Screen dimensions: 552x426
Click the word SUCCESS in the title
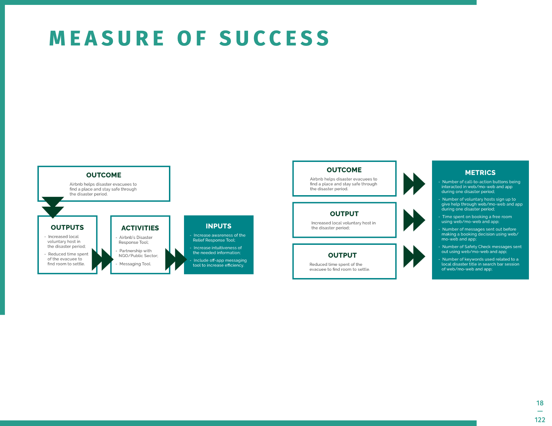pos(274,38)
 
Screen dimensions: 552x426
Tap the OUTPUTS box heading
pos(67,227)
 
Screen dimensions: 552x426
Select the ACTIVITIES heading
pos(140,228)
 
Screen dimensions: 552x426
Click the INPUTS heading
pos(218,226)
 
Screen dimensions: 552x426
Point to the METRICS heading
pos(480,172)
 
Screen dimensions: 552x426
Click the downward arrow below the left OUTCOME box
pos(53,207)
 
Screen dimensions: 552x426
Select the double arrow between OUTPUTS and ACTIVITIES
pos(102,259)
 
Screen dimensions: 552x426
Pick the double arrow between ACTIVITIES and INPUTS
pos(176,259)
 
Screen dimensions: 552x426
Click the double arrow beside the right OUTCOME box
pos(414,184)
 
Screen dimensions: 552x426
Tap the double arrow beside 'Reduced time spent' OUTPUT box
pos(414,256)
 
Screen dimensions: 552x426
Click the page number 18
pos(540,403)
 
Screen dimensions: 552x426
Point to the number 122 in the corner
pos(540,420)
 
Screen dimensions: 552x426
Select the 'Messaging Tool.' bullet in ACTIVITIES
pos(135,264)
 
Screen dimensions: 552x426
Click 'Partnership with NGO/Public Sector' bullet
pos(138,253)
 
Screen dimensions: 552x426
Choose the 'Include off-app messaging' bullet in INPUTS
pos(219,263)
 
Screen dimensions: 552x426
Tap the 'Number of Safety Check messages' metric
pos(481,249)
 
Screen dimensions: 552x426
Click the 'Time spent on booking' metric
pos(476,219)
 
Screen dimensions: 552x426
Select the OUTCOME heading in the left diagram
pos(104,175)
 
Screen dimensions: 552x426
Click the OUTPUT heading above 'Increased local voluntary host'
pos(344,214)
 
